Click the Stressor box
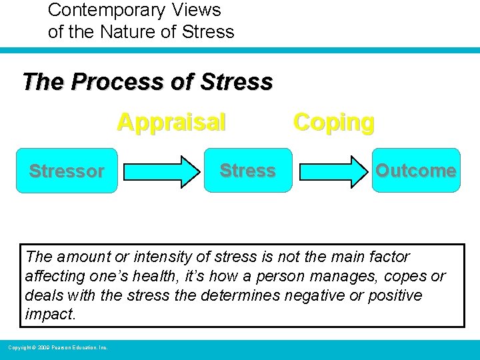(67, 171)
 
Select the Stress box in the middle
(248, 171)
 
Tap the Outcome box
(416, 171)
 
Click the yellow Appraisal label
(171, 123)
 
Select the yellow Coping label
(334, 123)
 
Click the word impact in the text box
(50, 314)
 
